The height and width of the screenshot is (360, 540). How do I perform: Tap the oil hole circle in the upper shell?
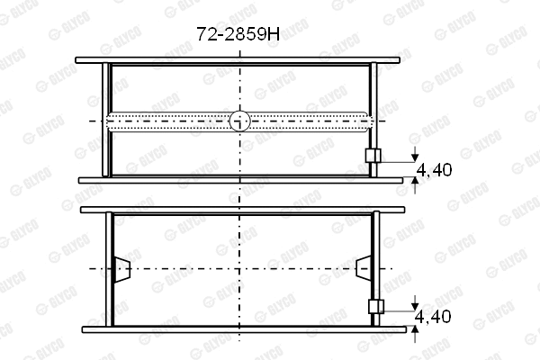(x=239, y=121)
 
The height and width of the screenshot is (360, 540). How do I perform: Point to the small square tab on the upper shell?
(x=373, y=156)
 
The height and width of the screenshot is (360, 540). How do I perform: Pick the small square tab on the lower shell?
(x=376, y=306)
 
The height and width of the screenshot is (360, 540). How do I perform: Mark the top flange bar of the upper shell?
(x=239, y=61)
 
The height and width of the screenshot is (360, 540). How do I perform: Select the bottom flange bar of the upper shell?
(x=239, y=180)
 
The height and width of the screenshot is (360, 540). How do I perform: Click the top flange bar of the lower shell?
(x=239, y=211)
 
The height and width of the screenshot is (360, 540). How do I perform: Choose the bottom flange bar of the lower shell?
(x=239, y=328)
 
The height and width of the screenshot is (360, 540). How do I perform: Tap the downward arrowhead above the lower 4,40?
(x=415, y=306)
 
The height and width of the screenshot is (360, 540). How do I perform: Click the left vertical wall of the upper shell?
(x=107, y=121)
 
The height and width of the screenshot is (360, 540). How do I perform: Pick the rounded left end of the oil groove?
(x=109, y=121)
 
